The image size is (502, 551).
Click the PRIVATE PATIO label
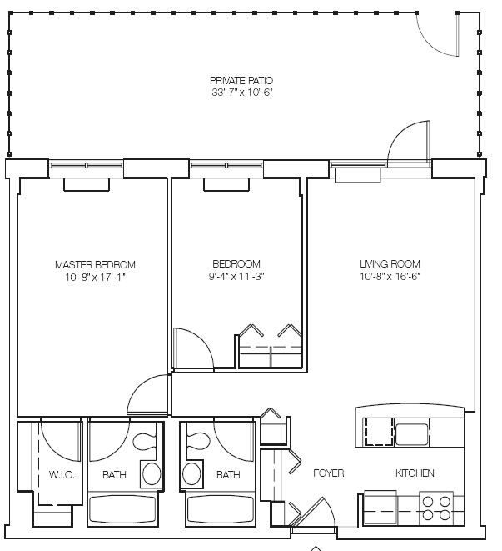click(241, 81)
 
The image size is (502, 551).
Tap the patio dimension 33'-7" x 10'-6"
click(242, 93)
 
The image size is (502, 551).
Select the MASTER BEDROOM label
click(95, 264)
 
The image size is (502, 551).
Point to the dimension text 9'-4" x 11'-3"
click(236, 277)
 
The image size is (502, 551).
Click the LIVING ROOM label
click(390, 264)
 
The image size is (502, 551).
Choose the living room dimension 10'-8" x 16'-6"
click(390, 277)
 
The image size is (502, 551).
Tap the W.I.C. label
click(62, 475)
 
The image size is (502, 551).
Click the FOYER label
click(329, 473)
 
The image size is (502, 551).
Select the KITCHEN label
click(415, 473)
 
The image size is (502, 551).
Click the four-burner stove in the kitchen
click(436, 508)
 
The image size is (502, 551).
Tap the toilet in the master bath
click(144, 442)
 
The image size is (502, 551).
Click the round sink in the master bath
click(152, 474)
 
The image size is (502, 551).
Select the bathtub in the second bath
click(221, 508)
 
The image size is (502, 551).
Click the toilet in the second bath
click(198, 442)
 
